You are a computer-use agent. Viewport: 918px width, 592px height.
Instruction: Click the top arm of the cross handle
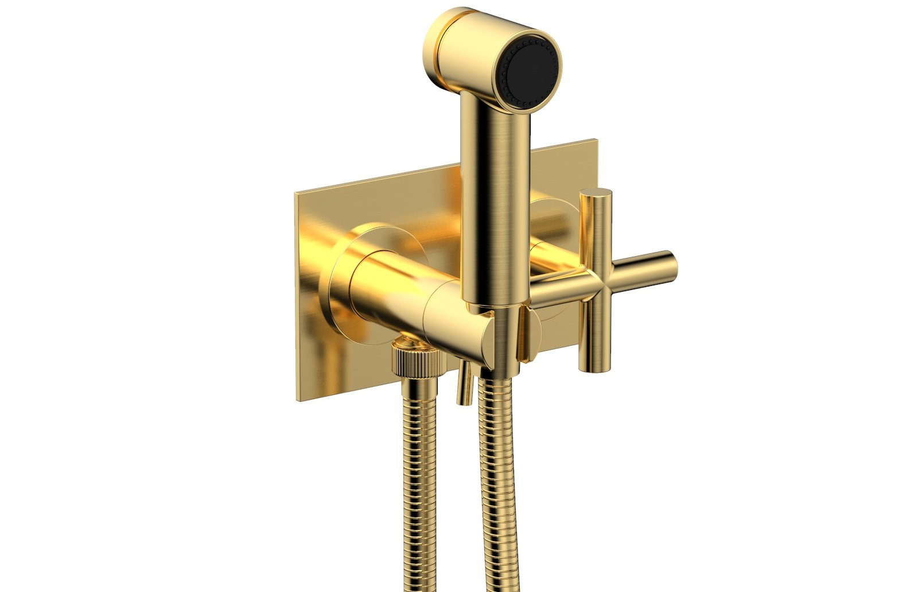pos(596,230)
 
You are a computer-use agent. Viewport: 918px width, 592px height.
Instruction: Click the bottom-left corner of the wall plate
pos(297,400)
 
